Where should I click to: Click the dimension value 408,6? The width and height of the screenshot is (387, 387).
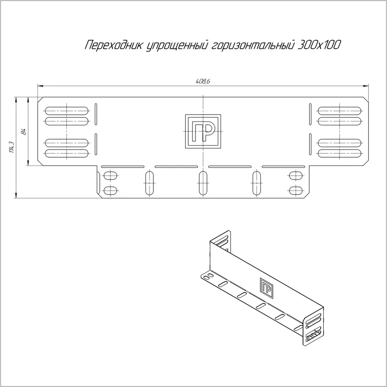(x=203, y=81)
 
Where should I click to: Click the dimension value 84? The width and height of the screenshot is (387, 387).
(x=24, y=132)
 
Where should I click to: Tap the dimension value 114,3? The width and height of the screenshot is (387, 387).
(x=12, y=147)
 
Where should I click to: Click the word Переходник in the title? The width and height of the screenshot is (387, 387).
(x=114, y=45)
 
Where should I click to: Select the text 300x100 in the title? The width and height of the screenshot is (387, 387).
(x=319, y=45)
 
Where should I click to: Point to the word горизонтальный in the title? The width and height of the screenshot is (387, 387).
(x=253, y=45)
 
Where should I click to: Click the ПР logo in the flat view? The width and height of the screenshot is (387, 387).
(x=203, y=131)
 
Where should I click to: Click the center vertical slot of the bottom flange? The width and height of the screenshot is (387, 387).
(x=203, y=183)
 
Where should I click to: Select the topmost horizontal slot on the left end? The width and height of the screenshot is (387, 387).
(x=67, y=111)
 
